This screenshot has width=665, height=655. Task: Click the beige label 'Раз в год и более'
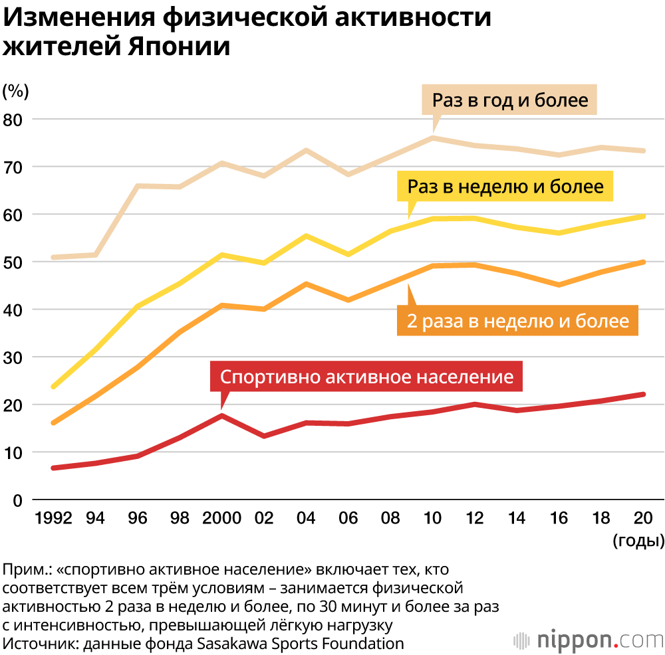[510, 100]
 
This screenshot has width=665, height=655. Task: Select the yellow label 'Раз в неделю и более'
[505, 187]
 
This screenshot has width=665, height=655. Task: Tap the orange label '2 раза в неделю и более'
[517, 321]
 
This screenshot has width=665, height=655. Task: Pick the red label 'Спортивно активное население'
[366, 377]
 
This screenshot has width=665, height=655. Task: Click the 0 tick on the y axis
[19, 500]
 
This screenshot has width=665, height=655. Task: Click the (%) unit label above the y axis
[15, 90]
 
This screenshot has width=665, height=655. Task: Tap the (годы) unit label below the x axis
[638, 540]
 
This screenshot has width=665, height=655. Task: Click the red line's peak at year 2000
[221, 416]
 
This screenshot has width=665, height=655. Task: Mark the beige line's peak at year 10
[433, 138]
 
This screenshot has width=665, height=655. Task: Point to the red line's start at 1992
[53, 468]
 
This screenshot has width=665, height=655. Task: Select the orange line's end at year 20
[642, 262]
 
